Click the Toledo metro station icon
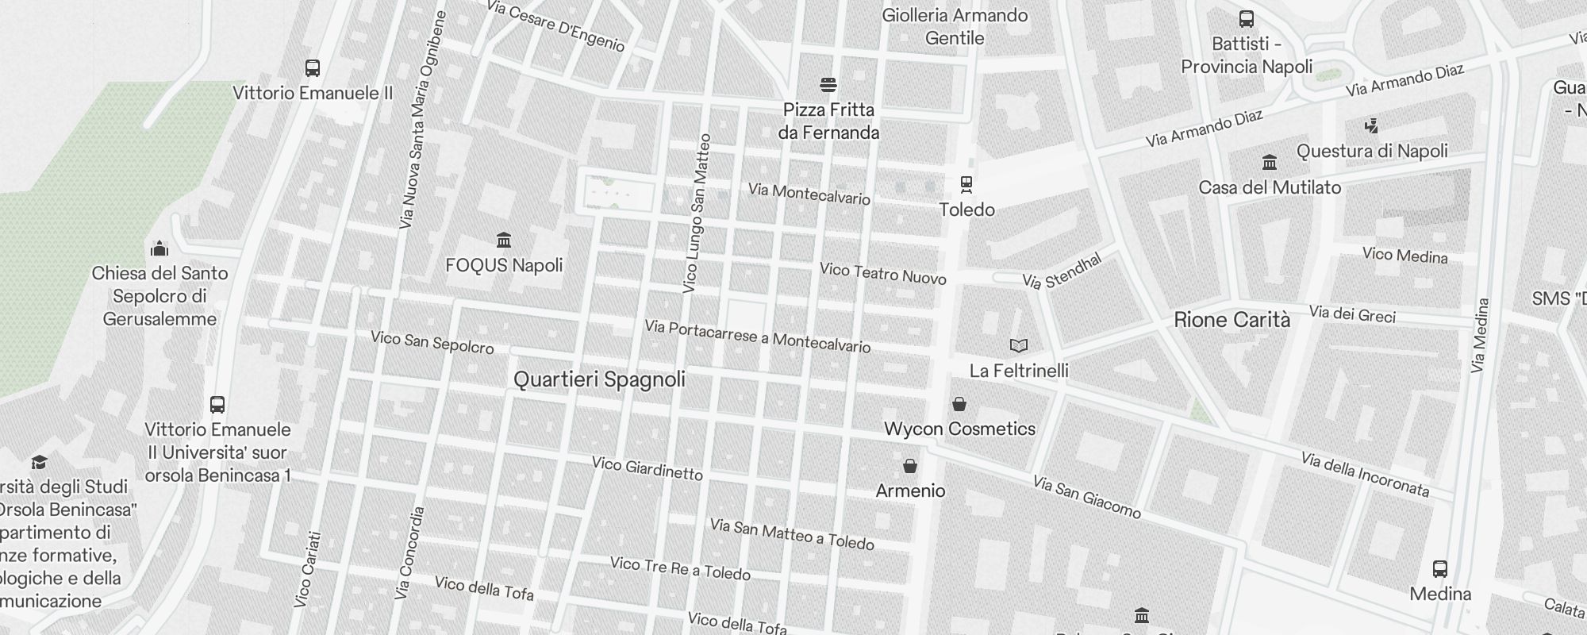coord(966,184)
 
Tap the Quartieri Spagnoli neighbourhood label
coord(599,379)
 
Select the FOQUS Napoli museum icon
coord(503,240)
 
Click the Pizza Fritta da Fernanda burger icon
coord(828,85)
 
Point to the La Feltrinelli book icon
coord(1019,345)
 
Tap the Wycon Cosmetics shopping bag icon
coord(959,404)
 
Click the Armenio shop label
coord(910,491)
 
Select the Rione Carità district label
coord(1232,320)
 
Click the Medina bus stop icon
coord(1440,568)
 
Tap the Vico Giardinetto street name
coord(647,468)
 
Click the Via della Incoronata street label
coord(1364,475)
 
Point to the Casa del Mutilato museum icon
coord(1269,163)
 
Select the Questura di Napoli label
coord(1372,151)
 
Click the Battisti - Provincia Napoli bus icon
coord(1246,19)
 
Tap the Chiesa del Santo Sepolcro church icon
coord(159,248)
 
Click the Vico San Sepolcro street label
coord(432,343)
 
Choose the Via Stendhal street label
coord(1062,271)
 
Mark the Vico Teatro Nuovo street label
coord(882,274)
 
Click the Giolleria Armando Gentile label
coord(955,26)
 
